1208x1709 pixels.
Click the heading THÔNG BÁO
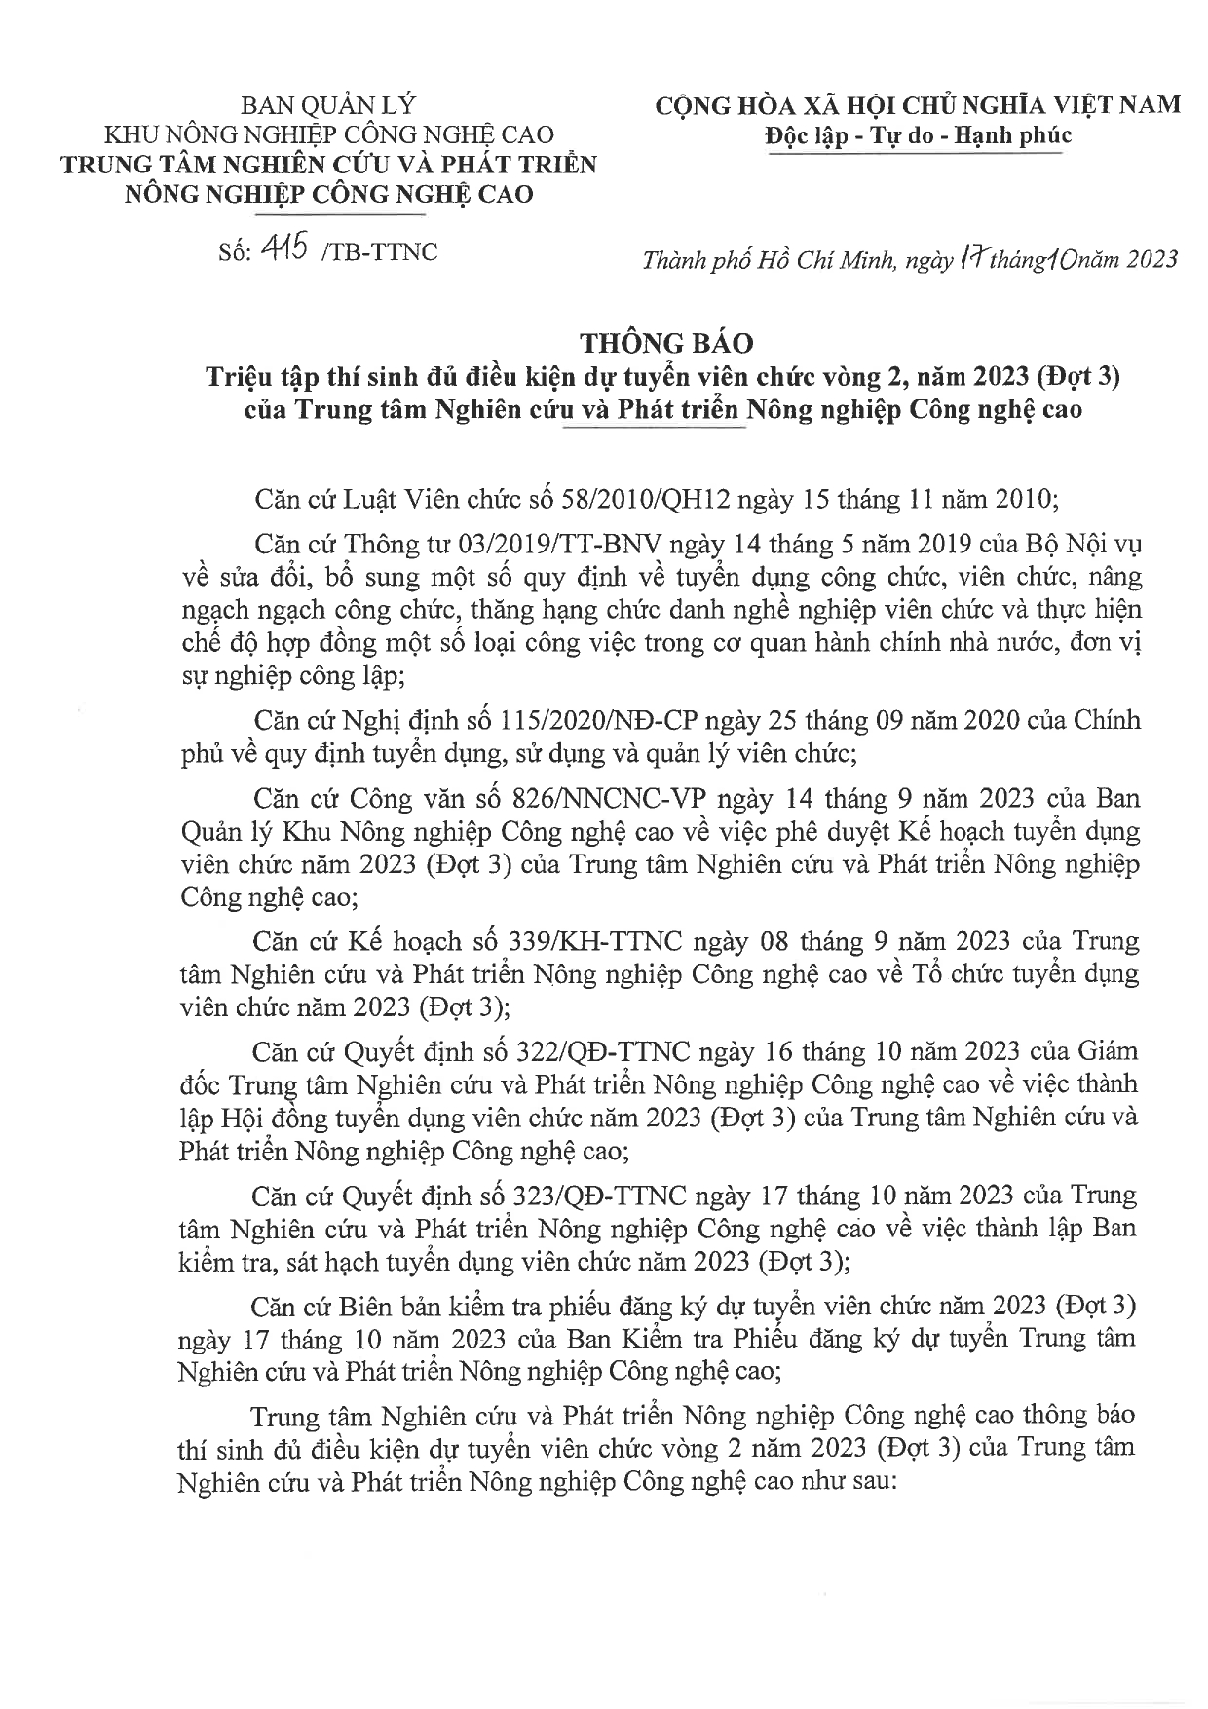point(667,343)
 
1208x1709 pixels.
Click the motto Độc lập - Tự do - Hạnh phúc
point(918,134)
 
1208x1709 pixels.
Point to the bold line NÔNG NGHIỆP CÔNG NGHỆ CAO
point(328,194)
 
